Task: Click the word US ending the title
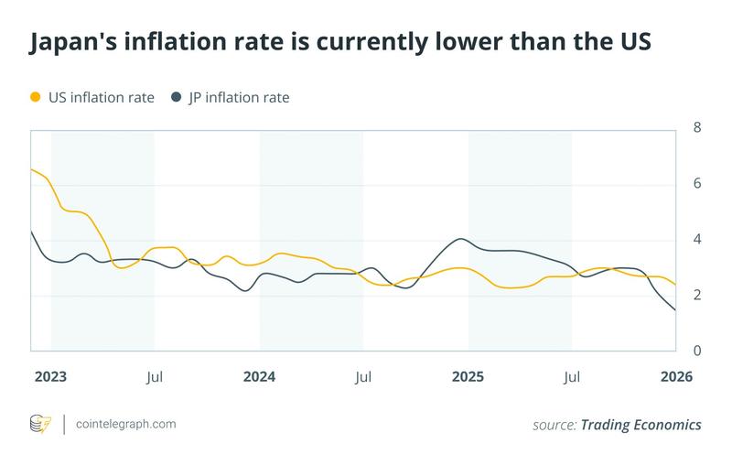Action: (x=630, y=43)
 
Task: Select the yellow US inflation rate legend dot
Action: (x=36, y=96)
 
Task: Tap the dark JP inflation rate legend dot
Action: (x=178, y=96)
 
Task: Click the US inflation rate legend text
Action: (x=101, y=96)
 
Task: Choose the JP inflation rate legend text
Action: (x=239, y=96)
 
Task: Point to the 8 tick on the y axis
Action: (x=697, y=127)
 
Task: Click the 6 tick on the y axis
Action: (x=697, y=184)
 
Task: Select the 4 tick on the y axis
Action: (x=697, y=240)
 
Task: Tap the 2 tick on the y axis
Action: (x=697, y=296)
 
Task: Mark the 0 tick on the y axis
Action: (x=697, y=351)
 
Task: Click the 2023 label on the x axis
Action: (x=51, y=376)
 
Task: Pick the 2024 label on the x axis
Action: (x=260, y=376)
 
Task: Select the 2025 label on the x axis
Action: (x=468, y=376)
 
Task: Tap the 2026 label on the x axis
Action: (x=676, y=376)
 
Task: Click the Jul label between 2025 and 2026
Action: (x=573, y=376)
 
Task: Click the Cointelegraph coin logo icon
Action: (x=41, y=425)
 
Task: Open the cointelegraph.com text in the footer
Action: (x=125, y=425)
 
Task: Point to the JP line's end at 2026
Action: (x=675, y=310)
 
